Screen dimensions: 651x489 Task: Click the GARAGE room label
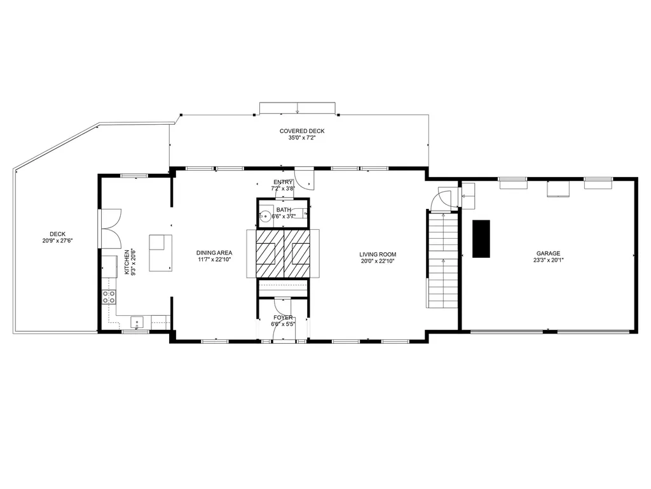click(x=548, y=253)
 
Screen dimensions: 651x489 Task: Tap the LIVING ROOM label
click(x=378, y=255)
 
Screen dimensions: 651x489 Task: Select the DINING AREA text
click(x=214, y=253)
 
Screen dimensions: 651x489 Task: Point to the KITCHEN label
click(x=127, y=262)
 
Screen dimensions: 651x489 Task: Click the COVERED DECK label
click(x=302, y=131)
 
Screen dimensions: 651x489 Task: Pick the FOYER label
click(x=283, y=318)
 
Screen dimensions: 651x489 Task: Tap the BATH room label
click(x=284, y=210)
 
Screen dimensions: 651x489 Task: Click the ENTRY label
click(x=283, y=182)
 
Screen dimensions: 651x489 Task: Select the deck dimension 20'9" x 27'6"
click(x=58, y=241)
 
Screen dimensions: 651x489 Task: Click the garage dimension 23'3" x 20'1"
click(x=549, y=260)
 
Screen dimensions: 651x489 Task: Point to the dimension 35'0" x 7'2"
click(x=302, y=138)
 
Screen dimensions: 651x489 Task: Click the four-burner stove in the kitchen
click(x=109, y=297)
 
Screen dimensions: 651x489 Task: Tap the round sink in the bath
click(x=264, y=216)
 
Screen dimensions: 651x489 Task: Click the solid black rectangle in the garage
click(x=481, y=239)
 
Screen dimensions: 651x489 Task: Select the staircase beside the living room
click(x=443, y=260)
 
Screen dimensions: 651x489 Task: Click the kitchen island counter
click(x=161, y=253)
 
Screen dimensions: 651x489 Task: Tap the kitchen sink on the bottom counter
click(x=137, y=323)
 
